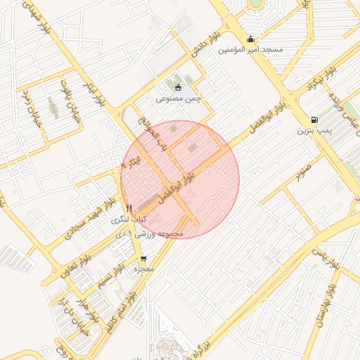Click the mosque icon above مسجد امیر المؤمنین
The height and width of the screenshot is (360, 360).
[x=251, y=39]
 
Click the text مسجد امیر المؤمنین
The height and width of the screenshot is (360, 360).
[x=250, y=50]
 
